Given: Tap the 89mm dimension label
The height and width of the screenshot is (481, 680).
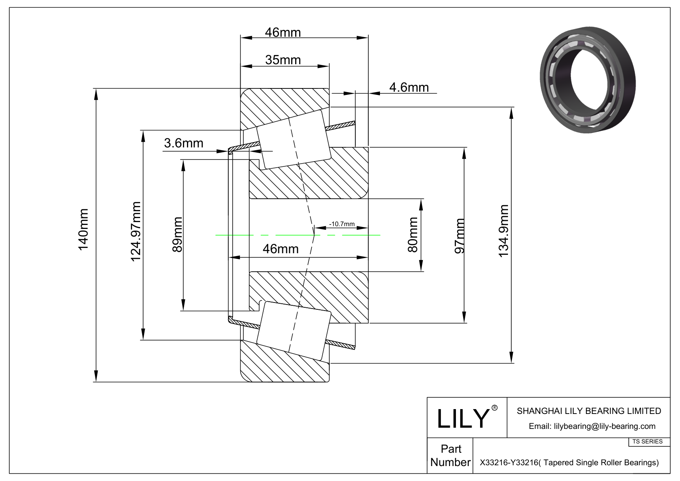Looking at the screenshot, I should (x=177, y=235).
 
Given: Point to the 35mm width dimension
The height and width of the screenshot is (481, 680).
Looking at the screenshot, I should (x=283, y=60).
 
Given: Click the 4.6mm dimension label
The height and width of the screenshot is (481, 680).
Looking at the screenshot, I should (x=409, y=87).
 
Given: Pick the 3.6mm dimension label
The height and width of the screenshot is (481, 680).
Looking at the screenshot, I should (x=183, y=143).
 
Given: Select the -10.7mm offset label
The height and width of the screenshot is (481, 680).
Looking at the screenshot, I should (x=342, y=224).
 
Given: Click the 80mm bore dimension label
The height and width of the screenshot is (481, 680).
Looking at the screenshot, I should (x=413, y=235).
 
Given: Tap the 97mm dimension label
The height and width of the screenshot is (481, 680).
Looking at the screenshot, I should (x=460, y=236).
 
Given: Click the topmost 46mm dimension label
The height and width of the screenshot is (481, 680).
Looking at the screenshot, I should (x=283, y=32).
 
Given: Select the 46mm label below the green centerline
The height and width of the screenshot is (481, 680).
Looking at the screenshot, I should (x=281, y=249).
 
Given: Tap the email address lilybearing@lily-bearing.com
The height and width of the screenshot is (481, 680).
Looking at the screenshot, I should (x=592, y=426).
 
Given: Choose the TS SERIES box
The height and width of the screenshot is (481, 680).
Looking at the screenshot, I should (x=647, y=441).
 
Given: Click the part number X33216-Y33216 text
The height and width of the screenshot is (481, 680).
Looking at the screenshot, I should (x=569, y=462).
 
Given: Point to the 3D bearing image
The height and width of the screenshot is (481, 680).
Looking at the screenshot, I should (x=588, y=79).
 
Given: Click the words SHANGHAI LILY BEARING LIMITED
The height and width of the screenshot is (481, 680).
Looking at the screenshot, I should (x=589, y=411).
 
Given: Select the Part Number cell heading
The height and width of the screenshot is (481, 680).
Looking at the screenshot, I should (x=451, y=456).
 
